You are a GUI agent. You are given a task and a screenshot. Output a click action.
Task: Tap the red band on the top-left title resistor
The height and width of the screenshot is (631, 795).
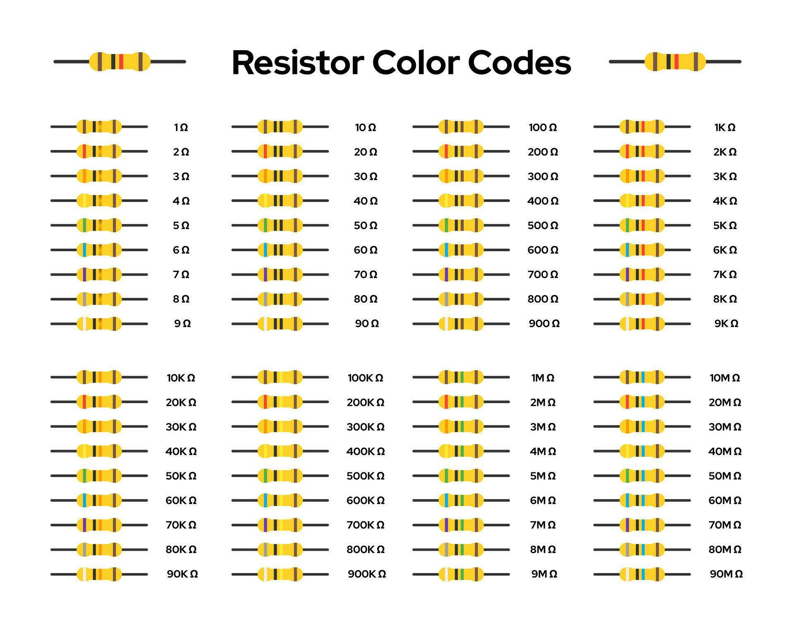tap(121, 61)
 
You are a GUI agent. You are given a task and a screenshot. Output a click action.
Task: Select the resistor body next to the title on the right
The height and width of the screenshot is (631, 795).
tap(675, 61)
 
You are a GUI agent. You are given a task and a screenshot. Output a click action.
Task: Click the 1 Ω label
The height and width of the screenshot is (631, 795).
tap(181, 128)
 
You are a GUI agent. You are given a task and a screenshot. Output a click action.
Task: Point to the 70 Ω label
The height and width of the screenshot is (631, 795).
tap(366, 275)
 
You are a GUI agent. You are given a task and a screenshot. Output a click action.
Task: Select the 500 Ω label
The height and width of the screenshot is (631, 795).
tap(542, 226)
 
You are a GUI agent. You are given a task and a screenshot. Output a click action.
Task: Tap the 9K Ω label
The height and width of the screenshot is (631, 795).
tap(726, 324)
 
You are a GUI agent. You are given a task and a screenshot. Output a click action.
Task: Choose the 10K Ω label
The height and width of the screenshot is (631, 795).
tap(181, 378)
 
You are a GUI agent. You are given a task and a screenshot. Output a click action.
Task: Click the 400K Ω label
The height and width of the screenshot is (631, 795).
tap(366, 452)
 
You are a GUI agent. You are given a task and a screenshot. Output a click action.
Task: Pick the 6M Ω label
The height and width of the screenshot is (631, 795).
tap(542, 501)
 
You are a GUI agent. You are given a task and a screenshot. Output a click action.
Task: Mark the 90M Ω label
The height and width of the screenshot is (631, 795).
tap(726, 574)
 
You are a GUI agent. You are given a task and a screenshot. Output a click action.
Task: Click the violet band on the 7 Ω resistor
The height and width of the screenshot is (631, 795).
tap(84, 275)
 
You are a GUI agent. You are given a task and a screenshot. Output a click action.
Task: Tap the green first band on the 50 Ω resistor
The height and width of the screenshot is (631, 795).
tap(265, 226)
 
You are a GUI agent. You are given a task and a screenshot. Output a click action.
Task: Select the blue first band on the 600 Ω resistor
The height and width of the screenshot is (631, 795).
tap(446, 250)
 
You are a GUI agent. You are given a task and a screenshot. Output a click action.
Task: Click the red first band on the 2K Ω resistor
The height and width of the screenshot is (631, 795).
tap(627, 152)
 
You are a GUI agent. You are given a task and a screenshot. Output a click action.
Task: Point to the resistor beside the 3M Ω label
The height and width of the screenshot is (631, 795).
tap(461, 426)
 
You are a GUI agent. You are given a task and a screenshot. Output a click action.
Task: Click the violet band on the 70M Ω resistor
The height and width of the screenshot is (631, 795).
tap(627, 525)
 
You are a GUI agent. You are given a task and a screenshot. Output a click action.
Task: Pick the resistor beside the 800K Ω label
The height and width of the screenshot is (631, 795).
tap(280, 549)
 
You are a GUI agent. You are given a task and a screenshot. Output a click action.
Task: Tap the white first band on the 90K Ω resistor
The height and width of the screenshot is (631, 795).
tap(84, 574)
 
